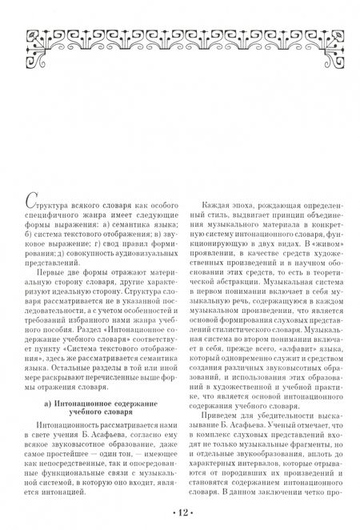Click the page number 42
point(180,512)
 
